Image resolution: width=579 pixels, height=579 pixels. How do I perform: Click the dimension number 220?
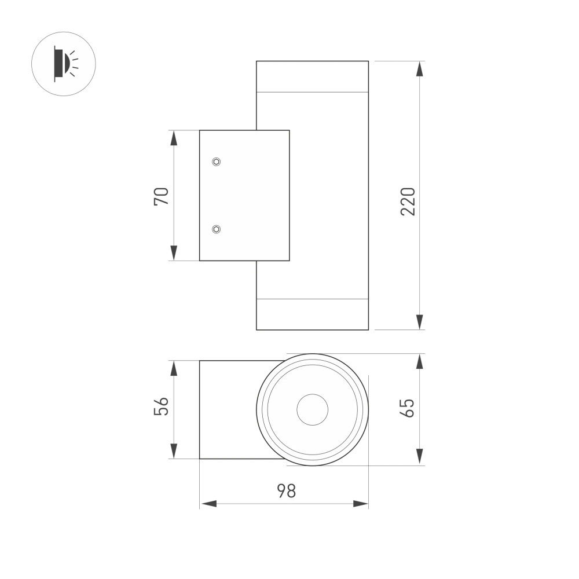[x=408, y=201]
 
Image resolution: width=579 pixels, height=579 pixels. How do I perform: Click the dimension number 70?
[x=161, y=196]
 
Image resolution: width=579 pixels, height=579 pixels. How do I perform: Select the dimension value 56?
[x=161, y=406]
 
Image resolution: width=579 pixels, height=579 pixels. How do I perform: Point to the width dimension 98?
[x=285, y=491]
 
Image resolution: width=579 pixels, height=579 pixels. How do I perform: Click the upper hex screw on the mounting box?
[x=216, y=162]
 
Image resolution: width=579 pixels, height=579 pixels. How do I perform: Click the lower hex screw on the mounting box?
[x=216, y=230]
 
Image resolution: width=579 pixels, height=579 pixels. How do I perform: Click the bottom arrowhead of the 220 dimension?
[x=420, y=322]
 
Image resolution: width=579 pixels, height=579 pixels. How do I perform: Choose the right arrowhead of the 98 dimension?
[x=360, y=504]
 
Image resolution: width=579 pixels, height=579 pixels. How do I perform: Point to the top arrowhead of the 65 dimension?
[x=420, y=361]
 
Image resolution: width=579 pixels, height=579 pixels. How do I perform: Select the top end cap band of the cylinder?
[x=312, y=76]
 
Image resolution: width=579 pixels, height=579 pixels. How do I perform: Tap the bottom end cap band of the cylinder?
[x=312, y=314]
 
